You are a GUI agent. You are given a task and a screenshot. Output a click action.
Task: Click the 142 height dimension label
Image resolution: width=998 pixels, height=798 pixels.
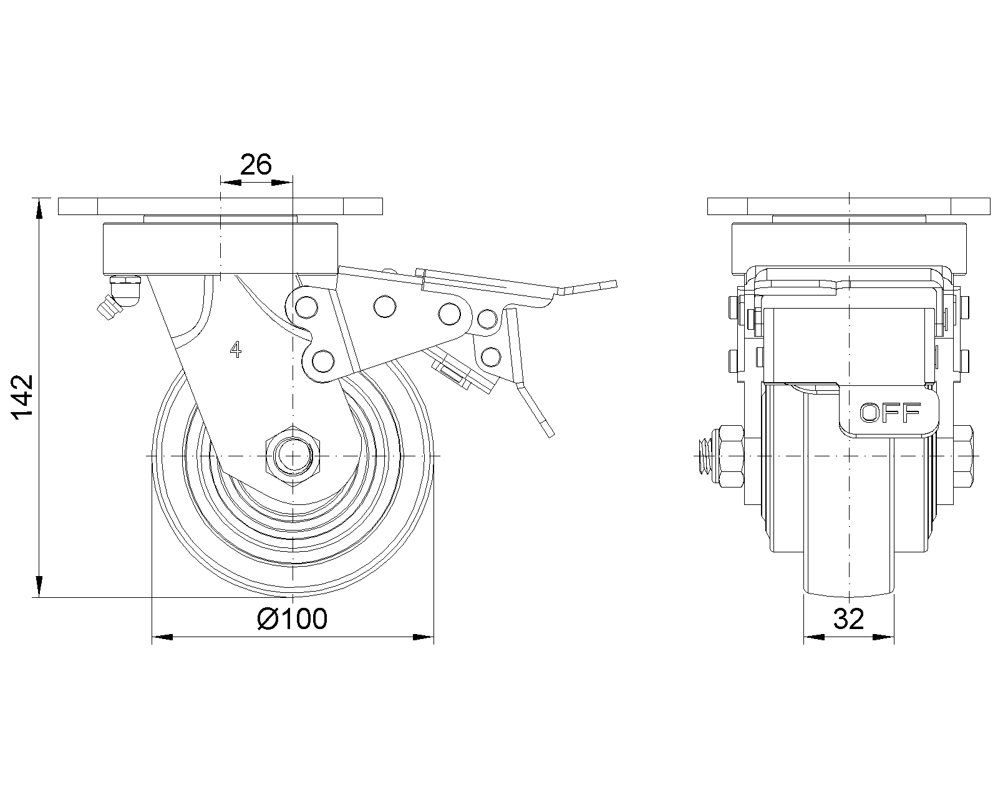[22, 397]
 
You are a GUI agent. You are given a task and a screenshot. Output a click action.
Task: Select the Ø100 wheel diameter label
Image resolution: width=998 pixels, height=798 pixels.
[292, 618]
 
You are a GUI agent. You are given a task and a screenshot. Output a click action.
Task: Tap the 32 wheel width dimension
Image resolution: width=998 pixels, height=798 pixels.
[849, 618]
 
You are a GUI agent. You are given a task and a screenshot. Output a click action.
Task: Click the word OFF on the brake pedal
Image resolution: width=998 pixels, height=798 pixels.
[890, 413]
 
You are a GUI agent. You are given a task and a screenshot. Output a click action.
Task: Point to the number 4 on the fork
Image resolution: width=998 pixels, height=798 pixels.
[236, 349]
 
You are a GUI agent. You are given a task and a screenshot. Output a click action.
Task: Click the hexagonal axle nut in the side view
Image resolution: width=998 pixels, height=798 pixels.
[293, 456]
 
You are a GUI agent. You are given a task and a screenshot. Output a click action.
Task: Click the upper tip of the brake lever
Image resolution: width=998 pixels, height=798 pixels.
[616, 284]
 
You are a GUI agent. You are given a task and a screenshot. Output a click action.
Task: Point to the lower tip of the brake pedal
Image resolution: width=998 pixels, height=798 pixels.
[551, 435]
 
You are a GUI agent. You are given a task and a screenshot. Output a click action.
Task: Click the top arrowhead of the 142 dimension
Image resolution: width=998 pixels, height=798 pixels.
[39, 208]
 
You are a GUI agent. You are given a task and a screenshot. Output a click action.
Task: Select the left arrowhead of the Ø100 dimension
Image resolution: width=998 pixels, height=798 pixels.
[162, 637]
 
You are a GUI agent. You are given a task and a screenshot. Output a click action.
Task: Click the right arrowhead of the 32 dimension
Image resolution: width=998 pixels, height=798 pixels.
[883, 637]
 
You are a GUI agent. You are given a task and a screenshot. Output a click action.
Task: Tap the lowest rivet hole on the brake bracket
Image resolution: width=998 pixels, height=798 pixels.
[323, 362]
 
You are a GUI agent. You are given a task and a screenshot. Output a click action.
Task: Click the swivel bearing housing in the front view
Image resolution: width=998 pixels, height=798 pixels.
[220, 249]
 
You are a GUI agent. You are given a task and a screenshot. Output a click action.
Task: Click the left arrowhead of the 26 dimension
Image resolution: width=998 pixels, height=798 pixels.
[231, 183]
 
